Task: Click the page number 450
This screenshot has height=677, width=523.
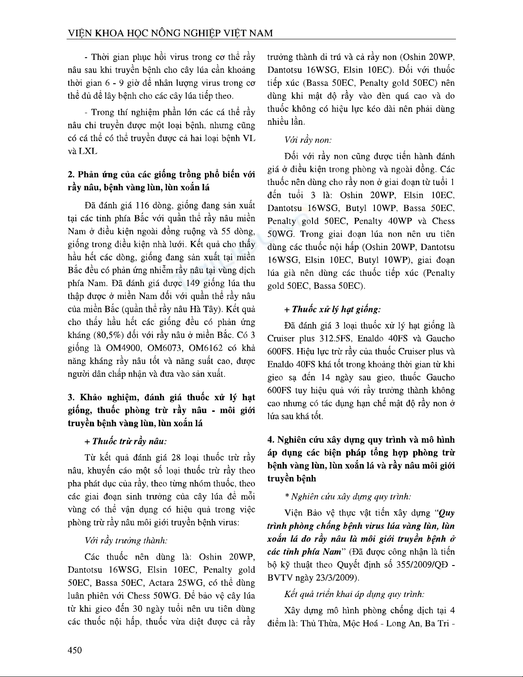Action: (75, 650)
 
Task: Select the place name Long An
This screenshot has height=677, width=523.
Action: (403, 623)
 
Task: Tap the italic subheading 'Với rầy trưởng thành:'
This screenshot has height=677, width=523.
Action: (126, 540)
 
